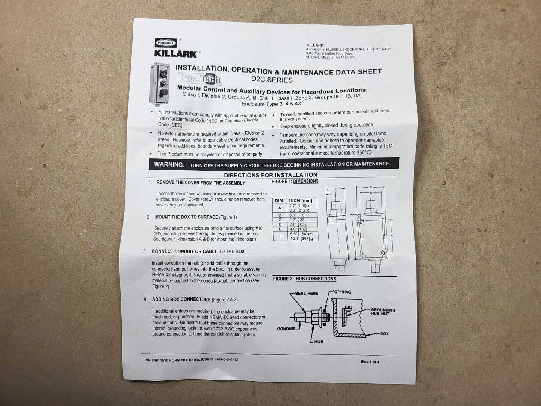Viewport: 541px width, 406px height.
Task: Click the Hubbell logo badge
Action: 166,43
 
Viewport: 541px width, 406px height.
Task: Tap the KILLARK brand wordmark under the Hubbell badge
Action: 176,54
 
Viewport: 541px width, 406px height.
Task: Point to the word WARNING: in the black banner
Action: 169,164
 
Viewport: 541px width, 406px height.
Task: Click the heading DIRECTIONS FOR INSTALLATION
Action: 270,175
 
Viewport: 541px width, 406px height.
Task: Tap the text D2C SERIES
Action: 272,80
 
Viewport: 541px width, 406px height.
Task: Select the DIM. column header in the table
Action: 280,201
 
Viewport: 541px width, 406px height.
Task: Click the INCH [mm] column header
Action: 301,201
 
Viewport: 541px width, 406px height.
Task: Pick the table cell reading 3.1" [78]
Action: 297,215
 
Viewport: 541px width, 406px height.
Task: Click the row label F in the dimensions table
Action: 280,236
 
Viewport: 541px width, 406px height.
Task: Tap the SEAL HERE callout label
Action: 307,293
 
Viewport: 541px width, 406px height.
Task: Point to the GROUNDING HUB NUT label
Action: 383,312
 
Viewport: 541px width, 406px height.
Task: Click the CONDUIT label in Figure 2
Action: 286,329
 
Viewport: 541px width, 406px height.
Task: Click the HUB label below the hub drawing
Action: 319,342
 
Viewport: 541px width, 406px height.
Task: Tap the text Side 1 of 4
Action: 370,362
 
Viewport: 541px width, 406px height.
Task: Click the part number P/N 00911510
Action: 156,360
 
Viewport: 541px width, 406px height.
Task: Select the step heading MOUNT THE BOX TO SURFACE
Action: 186,217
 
